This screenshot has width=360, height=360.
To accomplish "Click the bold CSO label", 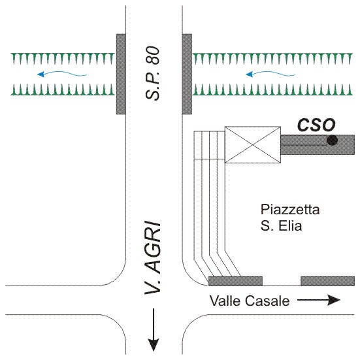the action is click(x=316, y=125).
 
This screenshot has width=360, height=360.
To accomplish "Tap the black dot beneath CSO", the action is click(x=332, y=140).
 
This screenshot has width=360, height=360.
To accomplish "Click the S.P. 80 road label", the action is click(x=152, y=73).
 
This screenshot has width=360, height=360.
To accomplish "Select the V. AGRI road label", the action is click(x=152, y=258).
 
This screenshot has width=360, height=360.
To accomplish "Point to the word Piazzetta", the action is click(x=290, y=209).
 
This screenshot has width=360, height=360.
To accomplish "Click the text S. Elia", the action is click(x=281, y=225).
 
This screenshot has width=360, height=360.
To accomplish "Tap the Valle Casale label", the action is click(x=250, y=301).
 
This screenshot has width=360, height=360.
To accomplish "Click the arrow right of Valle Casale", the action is click(x=319, y=300).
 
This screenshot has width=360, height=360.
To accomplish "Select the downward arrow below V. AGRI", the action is click(x=154, y=330).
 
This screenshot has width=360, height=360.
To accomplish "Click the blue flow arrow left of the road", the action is click(x=62, y=74).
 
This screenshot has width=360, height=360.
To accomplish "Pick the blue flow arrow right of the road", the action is click(x=270, y=73).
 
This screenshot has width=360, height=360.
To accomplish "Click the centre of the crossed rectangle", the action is click(x=253, y=144).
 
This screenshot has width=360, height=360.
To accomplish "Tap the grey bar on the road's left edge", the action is click(x=121, y=74).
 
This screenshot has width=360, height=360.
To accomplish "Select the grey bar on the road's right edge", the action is click(x=187, y=74).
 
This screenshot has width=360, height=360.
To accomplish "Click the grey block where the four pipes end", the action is click(x=235, y=281).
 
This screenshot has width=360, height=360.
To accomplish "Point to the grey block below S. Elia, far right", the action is click(x=327, y=281).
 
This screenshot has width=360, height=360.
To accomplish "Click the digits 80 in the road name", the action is click(x=152, y=56).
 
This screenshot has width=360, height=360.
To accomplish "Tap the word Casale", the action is click(x=267, y=301).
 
